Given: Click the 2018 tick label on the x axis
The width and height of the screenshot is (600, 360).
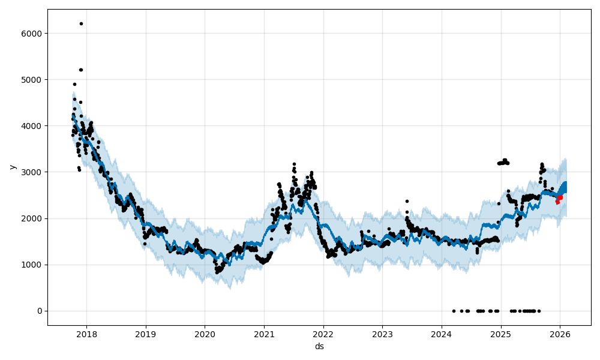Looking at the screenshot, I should [x=86, y=334].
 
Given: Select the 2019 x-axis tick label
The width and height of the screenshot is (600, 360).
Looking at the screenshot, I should [x=145, y=334].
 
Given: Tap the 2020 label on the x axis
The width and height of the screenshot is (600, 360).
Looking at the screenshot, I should [x=205, y=334].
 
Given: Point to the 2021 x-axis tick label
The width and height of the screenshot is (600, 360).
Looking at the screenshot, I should [x=264, y=334].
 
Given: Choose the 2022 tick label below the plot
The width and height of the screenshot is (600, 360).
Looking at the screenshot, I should [x=323, y=334].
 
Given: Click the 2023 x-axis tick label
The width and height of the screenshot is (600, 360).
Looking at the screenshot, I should [x=382, y=334].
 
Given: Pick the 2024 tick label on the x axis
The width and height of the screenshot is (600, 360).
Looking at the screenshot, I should [x=442, y=334].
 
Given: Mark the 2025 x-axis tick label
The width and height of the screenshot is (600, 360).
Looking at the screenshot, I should [x=501, y=334].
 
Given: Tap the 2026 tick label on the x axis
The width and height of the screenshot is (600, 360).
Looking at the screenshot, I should [x=560, y=334].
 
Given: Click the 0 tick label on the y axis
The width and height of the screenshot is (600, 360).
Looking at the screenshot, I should [x=40, y=311].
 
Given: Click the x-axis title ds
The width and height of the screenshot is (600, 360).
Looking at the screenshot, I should [x=319, y=346].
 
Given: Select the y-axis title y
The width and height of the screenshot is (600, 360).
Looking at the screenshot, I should [x=11, y=167].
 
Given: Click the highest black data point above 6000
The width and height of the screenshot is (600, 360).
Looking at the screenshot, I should [x=81, y=23].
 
